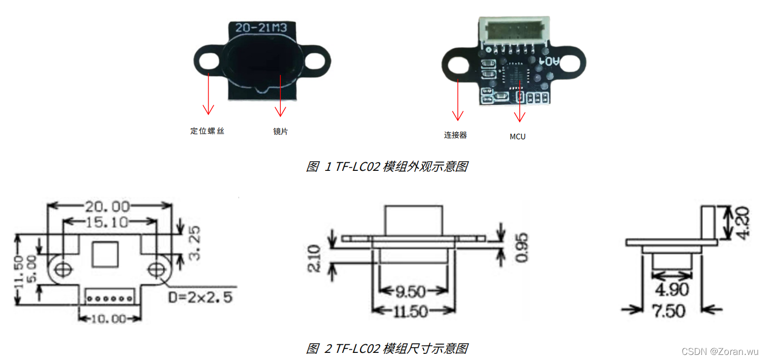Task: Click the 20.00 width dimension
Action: click(x=107, y=206)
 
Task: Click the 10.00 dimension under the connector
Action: click(x=108, y=319)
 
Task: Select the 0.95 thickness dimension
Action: click(x=522, y=248)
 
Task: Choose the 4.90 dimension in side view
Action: click(x=672, y=290)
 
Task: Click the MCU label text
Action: click(x=518, y=137)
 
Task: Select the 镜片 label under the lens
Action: click(x=280, y=132)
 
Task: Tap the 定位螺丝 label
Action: click(x=207, y=131)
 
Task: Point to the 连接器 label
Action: click(x=455, y=135)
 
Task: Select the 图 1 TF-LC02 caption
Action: click(x=386, y=167)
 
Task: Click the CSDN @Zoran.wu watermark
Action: click(x=720, y=351)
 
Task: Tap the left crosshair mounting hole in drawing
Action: click(x=63, y=268)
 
